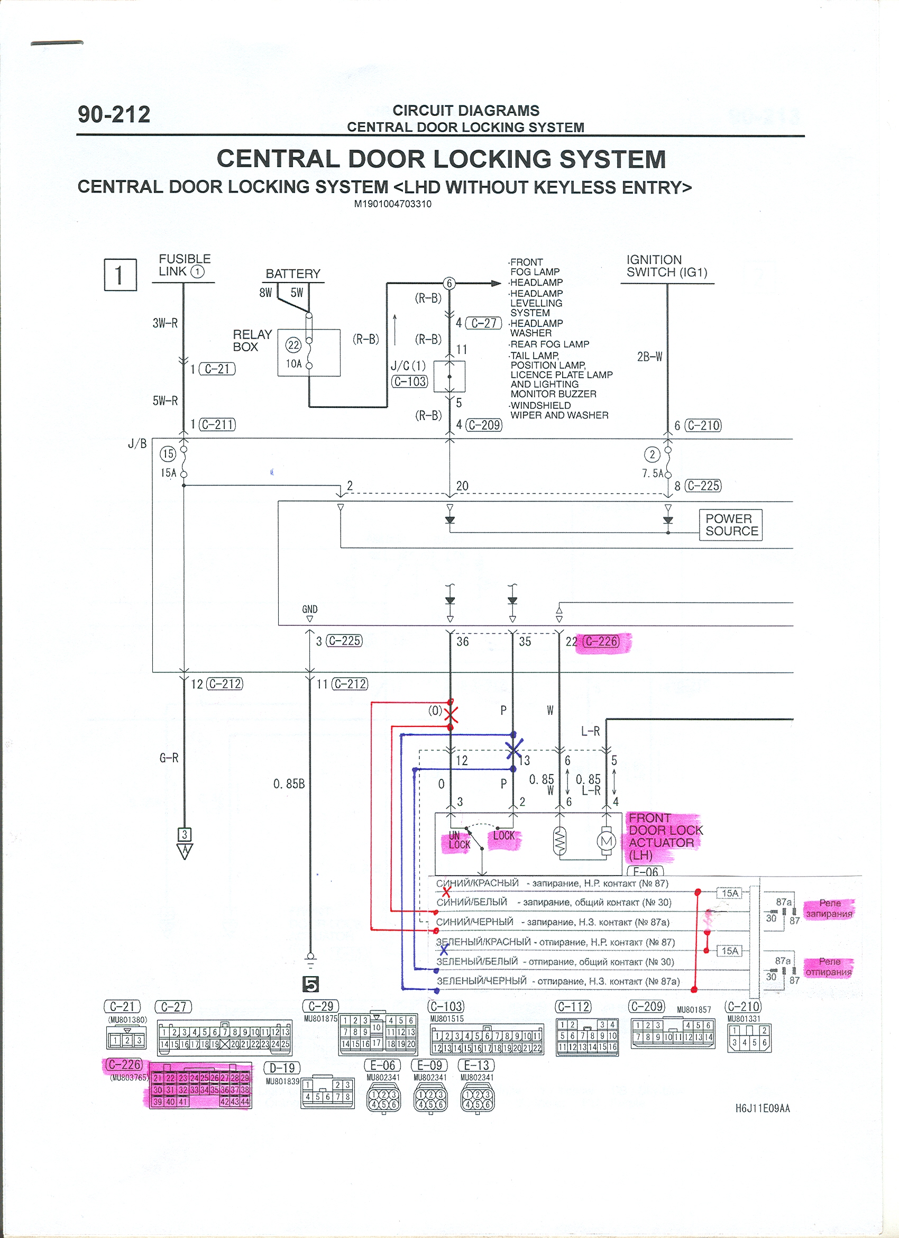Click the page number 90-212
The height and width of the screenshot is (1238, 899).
point(114,115)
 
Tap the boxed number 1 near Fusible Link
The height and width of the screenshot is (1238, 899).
point(120,275)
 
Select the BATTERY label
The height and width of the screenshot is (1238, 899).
point(293,274)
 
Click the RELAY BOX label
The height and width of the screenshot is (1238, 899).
point(252,341)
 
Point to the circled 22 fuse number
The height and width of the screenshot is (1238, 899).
point(293,345)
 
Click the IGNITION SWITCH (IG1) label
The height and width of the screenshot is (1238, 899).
point(667,266)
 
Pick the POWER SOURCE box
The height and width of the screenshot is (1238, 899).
point(731,525)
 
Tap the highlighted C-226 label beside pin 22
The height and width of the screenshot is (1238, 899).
point(601,641)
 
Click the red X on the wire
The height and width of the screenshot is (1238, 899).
point(451,715)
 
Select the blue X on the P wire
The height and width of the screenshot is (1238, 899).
point(514,749)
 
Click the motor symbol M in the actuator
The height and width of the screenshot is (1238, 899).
point(607,841)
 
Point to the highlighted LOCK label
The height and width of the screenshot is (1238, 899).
point(503,836)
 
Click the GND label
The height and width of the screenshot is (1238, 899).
point(309,609)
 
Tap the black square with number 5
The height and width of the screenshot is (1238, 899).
point(310,984)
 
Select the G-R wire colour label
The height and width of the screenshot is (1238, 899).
point(169,758)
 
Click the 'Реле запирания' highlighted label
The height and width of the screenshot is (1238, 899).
point(829,908)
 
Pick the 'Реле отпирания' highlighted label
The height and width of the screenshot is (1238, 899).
point(829,967)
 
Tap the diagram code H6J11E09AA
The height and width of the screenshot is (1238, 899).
point(762,1108)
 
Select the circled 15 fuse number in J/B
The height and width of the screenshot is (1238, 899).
point(168,453)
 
